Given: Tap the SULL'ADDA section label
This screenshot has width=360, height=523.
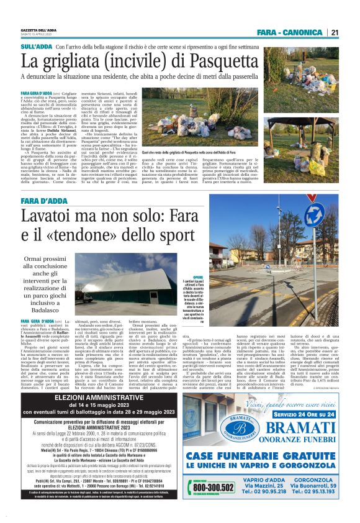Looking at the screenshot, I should coord(37,47).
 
